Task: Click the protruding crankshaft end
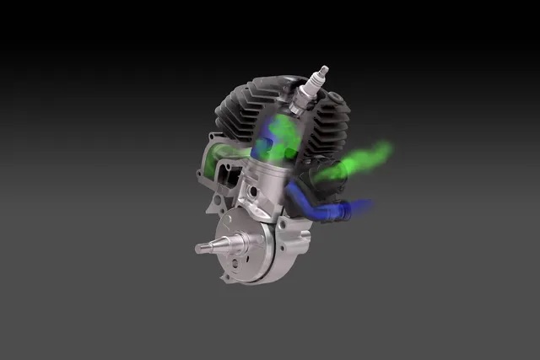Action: coord(208,248)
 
